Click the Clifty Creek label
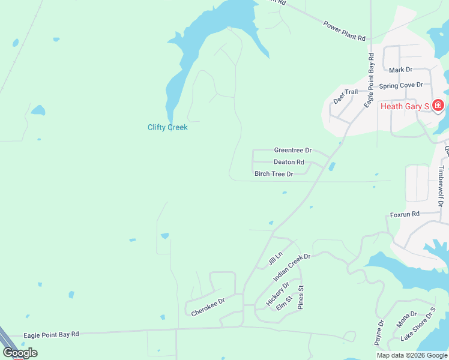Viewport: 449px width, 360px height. pos(167,127)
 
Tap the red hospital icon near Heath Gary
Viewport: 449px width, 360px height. pos(438,106)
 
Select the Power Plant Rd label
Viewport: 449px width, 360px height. pos(344,31)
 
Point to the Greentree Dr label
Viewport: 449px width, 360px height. pos(292,150)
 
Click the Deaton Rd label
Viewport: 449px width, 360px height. pos(289,162)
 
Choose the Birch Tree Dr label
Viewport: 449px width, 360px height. pos(274,174)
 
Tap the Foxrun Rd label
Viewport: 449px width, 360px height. pos(404,214)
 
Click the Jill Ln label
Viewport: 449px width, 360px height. pos(275,260)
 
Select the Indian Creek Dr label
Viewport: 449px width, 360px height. pos(291,268)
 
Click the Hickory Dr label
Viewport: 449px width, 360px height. pos(277,294)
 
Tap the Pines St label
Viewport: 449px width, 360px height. pos(301,297)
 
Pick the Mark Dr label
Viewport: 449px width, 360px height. pos(400,70)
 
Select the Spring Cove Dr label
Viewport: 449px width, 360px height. pos(402,85)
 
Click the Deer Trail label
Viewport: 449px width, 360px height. pos(345,95)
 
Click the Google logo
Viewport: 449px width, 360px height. pos(19,353)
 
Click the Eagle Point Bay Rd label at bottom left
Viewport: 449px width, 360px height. pos(51,335)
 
